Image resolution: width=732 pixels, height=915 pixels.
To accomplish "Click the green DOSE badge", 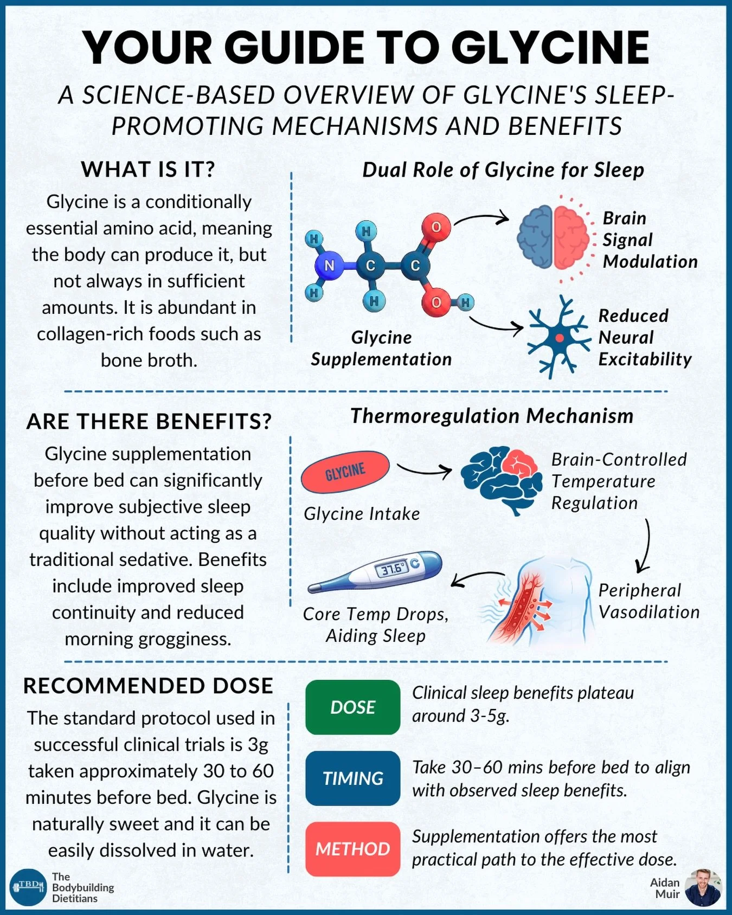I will coord(352,707).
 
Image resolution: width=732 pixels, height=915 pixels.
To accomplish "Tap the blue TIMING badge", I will coord(352,778).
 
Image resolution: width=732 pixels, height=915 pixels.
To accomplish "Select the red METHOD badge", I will coord(352,848).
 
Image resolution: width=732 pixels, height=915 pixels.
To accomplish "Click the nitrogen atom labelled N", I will coord(329,266).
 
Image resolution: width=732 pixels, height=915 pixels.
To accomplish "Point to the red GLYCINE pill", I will coord(345,471).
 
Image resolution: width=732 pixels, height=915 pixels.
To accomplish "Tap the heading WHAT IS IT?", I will coord(148,170).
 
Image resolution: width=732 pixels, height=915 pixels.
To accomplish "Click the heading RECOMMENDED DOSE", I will coord(148,686).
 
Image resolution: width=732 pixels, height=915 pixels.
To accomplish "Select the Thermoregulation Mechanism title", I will coord(492,416).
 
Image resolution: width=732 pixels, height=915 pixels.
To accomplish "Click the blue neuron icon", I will coord(558,338).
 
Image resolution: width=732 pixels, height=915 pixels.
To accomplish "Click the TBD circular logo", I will coord(29,887).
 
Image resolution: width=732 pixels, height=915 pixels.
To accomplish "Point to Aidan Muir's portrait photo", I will coord(703,887).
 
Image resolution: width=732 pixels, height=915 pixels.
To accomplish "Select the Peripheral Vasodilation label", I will coord(648,601).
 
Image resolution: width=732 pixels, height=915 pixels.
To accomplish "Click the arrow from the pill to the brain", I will coord(424,469).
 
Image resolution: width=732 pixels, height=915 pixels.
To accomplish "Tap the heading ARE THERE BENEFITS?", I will coord(149,422).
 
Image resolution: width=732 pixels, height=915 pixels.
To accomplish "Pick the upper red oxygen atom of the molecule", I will coord(436,227).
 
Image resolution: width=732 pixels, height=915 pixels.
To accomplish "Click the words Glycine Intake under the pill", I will coord(362,514).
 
